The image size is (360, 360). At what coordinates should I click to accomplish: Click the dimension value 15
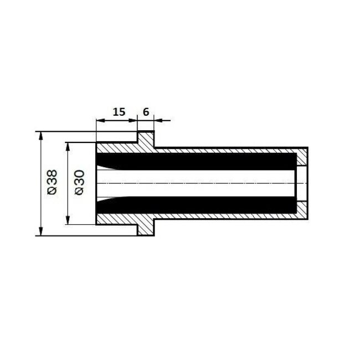pyautogui.click(x=118, y=111)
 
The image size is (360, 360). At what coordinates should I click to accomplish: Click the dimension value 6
pyautogui.click(x=146, y=111)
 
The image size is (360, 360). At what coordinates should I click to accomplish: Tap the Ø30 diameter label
pyautogui.click(x=79, y=183)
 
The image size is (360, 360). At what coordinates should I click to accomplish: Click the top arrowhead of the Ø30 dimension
pyautogui.click(x=68, y=146)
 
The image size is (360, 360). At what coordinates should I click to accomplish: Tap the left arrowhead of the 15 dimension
pyautogui.click(x=100, y=119)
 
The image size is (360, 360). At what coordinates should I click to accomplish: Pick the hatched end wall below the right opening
pyautogui.click(x=303, y=209)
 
